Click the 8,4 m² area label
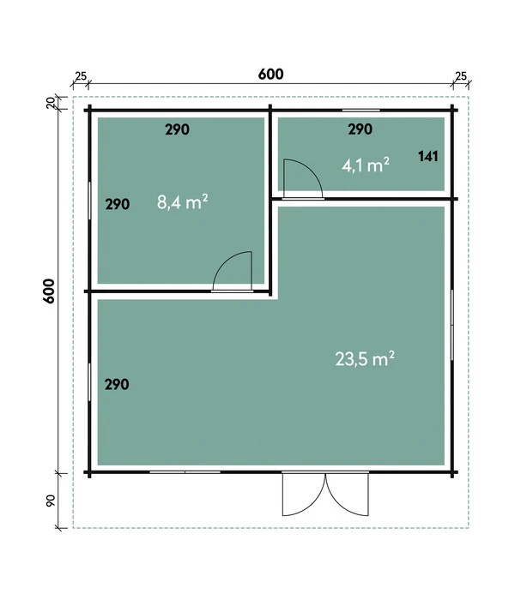coord(183,203)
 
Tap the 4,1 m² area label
coord(367,165)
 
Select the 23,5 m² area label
coord(365,359)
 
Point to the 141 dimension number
coord(428,156)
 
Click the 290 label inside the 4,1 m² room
coord(360,130)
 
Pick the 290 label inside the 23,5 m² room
coord(117,385)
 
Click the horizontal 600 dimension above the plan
coord(270,75)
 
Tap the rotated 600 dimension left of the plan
coord(49,291)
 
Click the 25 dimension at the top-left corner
coord(80,77)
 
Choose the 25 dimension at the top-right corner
coord(460,77)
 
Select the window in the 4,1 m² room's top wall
coord(360,111)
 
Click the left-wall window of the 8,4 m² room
coord(90,206)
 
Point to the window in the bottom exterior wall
coord(185,472)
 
